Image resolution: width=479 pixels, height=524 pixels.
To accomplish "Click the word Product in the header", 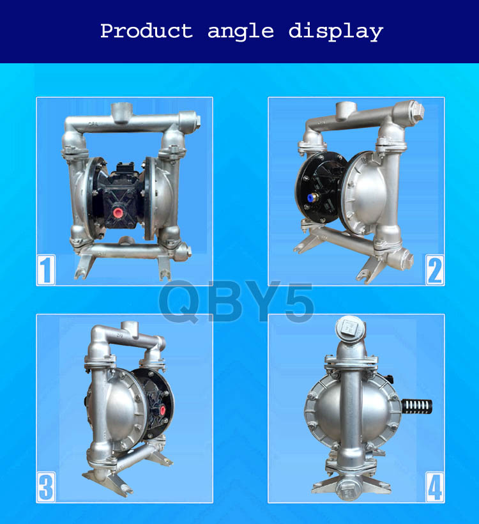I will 146,31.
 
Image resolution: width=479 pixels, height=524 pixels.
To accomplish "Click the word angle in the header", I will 241,32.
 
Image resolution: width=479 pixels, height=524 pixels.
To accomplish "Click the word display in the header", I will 336,31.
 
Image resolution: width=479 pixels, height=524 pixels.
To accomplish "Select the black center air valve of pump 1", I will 121,185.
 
